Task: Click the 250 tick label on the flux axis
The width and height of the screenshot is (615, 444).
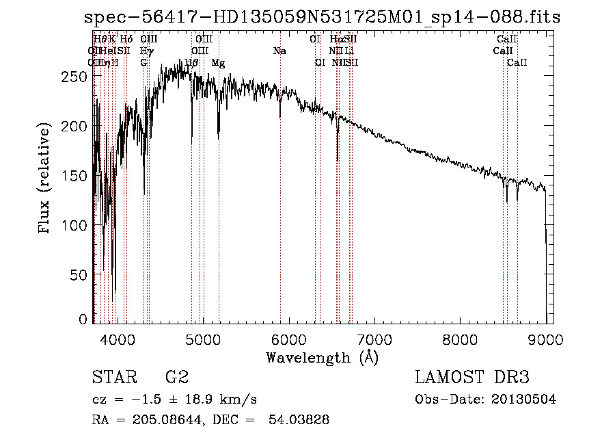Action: (x=76, y=77)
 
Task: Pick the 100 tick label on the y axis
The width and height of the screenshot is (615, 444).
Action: (x=76, y=225)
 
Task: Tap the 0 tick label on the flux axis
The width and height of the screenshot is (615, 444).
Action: (x=83, y=319)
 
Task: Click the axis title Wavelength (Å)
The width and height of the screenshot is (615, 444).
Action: (x=322, y=357)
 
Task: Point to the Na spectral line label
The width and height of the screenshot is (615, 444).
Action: (x=279, y=51)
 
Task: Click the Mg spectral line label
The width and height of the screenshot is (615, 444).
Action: (x=218, y=63)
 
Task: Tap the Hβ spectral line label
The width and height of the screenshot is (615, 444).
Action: (x=191, y=63)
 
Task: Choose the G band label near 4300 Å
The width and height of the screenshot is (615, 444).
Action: (x=143, y=63)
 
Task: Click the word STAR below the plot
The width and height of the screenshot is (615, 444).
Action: (x=111, y=378)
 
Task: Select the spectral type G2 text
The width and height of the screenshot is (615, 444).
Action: (x=177, y=378)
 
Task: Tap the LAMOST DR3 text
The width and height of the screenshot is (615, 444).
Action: (x=472, y=378)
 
